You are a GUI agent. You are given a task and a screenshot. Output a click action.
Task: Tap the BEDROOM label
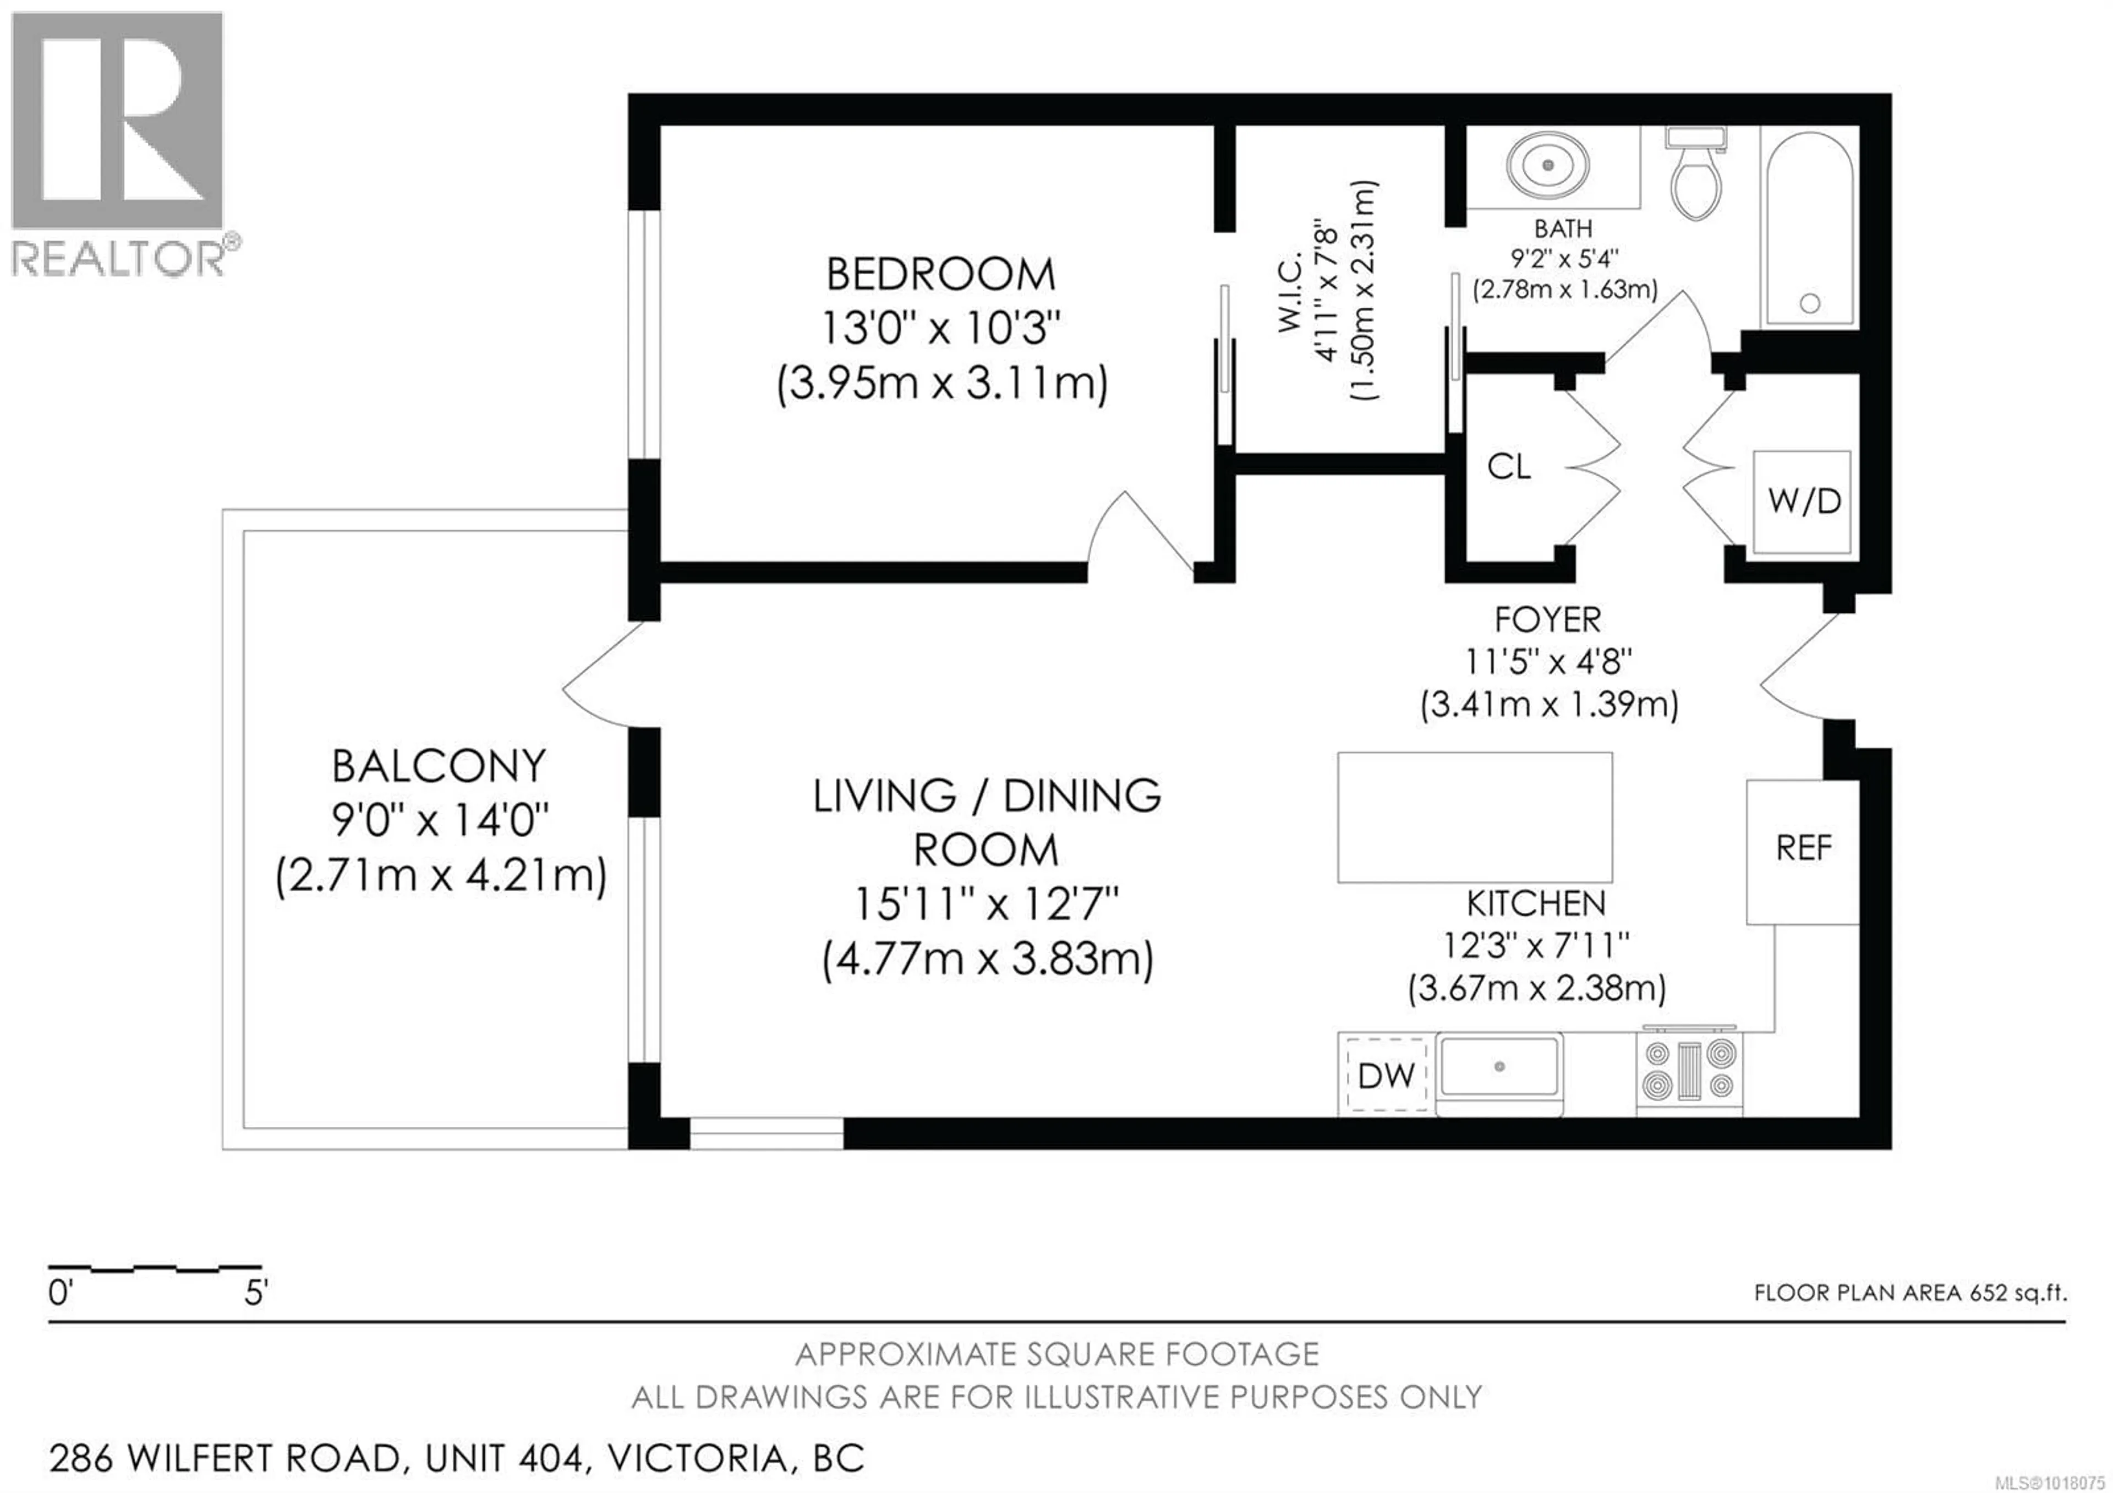(x=940, y=274)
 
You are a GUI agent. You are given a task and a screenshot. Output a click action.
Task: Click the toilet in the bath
(x=1695, y=179)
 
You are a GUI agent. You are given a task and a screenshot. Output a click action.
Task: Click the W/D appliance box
(x=1802, y=502)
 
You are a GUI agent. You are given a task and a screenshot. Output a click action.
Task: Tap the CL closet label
(x=1509, y=467)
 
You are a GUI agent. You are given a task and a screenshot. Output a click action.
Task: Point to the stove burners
(x=1690, y=1071)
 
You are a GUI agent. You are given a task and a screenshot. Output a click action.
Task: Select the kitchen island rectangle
(x=1474, y=818)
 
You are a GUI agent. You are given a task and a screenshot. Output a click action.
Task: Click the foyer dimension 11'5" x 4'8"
(x=1549, y=661)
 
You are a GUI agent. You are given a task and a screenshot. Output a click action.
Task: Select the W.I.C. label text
(x=1290, y=293)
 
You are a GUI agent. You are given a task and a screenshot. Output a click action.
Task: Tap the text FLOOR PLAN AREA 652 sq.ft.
(x=1909, y=1293)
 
